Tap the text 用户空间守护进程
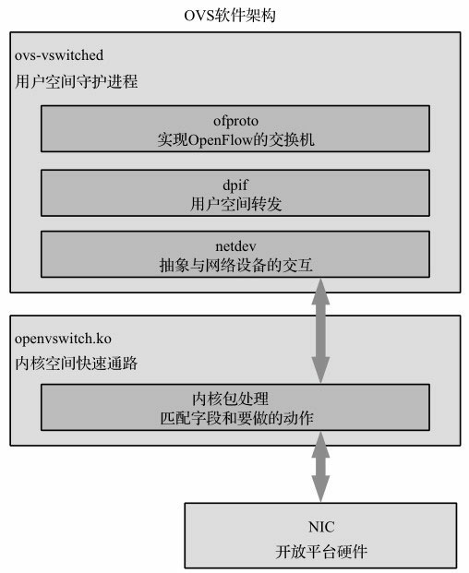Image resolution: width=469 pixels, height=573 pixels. pyautogui.click(x=77, y=82)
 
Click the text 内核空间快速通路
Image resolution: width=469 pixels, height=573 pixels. pyautogui.click(x=77, y=363)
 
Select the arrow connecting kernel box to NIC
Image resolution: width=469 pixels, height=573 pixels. pyautogui.click(x=320, y=471)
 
